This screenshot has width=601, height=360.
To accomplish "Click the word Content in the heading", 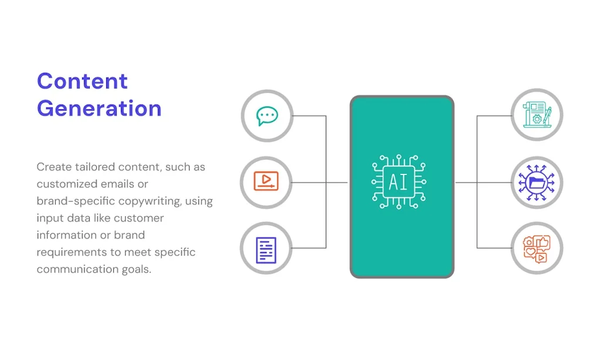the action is pos(82,81).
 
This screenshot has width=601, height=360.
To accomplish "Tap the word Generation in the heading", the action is pos(99,108).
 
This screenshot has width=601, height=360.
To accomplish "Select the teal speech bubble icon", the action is pos(267,116).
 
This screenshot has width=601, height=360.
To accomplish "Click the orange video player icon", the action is pos(266,181).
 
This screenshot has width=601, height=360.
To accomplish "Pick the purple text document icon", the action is pos(266,250).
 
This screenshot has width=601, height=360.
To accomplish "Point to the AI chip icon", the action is pos(399,181).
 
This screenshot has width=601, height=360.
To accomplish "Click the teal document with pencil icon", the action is pos(538,115).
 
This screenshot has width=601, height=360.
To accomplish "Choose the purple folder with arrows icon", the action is pos(536,183).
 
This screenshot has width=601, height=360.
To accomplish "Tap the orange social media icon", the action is pos(536,249).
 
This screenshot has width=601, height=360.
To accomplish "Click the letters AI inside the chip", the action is pos(399,182).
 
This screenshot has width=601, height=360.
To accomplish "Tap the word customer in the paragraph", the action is pos(139,218).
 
